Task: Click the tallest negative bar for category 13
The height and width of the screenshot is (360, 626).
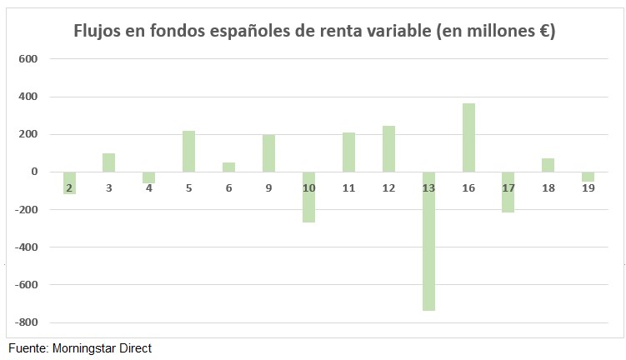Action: click(428, 242)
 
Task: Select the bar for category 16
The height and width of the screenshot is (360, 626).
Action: click(468, 137)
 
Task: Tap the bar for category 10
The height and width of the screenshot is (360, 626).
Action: click(308, 197)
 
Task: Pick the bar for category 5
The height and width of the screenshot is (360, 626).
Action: click(189, 152)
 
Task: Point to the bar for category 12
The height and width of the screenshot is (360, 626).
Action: click(388, 149)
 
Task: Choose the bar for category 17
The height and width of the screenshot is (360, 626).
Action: click(508, 192)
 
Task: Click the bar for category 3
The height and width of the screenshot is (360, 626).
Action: click(109, 162)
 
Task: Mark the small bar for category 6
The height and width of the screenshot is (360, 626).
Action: click(229, 167)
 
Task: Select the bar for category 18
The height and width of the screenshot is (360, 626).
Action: click(548, 165)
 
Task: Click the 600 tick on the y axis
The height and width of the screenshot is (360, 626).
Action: click(29, 59)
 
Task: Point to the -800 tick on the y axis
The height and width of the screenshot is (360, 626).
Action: click(28, 322)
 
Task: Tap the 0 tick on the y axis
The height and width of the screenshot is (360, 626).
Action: click(35, 172)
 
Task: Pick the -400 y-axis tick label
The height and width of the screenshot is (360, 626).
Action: click(28, 247)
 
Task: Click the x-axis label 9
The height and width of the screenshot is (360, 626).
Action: click(269, 188)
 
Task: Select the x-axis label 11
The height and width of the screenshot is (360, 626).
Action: click(348, 188)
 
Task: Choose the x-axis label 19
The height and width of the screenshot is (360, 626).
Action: click(588, 188)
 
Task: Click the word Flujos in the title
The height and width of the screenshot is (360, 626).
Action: click(98, 32)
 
